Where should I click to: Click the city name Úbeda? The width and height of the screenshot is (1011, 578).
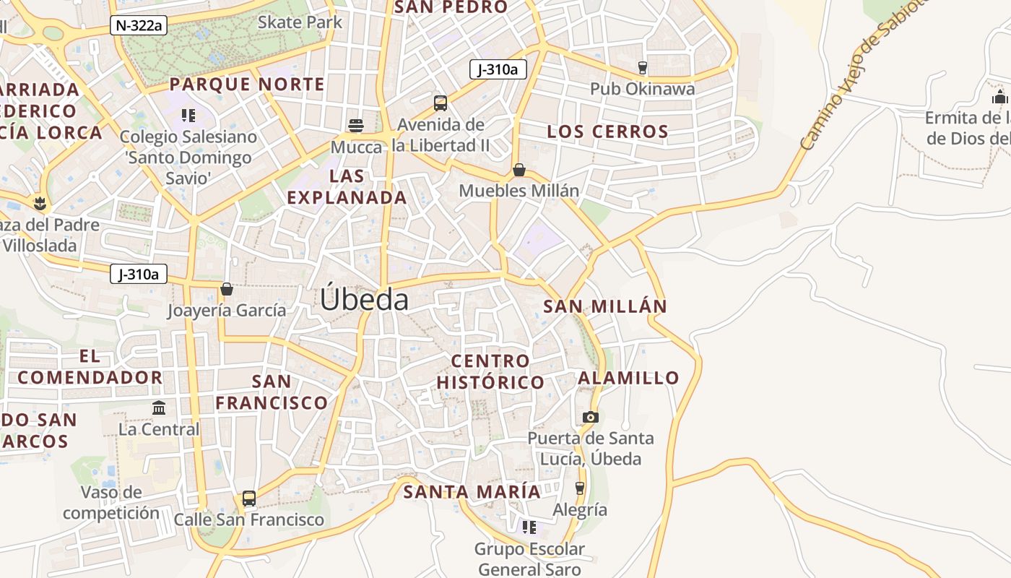(x=365, y=299)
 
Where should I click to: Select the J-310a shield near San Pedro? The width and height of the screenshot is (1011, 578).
(x=498, y=69)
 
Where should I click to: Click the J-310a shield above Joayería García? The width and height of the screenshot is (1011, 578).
(x=139, y=275)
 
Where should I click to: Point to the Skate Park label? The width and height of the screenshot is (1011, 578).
(x=300, y=22)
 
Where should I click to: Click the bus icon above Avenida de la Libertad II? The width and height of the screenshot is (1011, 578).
(x=441, y=103)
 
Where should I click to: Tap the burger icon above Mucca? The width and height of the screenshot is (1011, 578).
(x=356, y=125)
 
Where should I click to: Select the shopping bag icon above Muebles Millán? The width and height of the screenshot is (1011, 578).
(x=518, y=170)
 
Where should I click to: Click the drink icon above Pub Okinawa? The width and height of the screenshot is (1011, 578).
(x=642, y=68)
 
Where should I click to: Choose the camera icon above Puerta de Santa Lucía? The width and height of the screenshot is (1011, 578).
(x=590, y=417)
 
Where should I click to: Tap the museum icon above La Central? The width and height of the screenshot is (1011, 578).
(x=159, y=408)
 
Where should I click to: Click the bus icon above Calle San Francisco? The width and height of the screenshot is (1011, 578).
(x=249, y=499)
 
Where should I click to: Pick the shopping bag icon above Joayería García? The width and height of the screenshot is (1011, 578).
(x=227, y=289)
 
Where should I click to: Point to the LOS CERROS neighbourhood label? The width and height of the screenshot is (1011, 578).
(x=607, y=131)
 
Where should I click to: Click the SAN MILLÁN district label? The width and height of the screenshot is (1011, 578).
(x=605, y=306)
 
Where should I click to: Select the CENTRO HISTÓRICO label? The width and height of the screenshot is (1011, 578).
(x=490, y=371)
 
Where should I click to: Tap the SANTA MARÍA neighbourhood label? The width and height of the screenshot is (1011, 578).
(x=472, y=492)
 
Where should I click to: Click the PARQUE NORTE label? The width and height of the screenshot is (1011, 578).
(x=247, y=85)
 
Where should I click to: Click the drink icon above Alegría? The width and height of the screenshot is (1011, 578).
(x=579, y=488)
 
